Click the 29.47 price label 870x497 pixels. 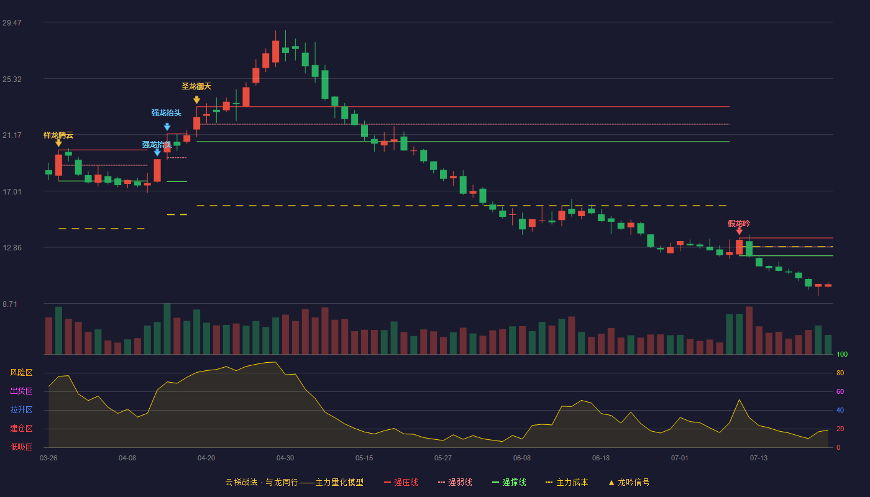point(12,22)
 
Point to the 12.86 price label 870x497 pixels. point(12,248)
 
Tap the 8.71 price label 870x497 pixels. point(10,304)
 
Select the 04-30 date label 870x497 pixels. point(285,458)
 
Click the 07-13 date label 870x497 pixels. point(759,458)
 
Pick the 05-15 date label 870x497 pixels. point(364,458)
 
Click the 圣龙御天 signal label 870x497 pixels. point(196,86)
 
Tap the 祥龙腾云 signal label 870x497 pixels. point(58,135)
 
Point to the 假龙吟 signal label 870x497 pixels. point(739,223)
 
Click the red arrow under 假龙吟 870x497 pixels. point(739,231)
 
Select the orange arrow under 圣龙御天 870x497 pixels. point(197,100)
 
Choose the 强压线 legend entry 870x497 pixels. point(401,482)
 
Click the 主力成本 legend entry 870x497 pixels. point(567,482)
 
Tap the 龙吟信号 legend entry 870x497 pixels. point(629,482)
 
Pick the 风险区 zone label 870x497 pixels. point(21,373)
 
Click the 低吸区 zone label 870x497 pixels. point(21,447)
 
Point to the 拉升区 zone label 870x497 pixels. point(21,410)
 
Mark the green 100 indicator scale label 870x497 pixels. point(842,354)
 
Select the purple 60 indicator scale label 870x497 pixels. point(840,391)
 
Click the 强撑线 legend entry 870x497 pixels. point(509,482)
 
